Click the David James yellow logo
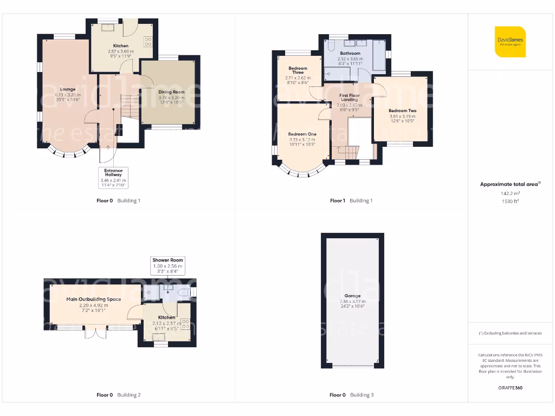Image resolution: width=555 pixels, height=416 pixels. (510, 41)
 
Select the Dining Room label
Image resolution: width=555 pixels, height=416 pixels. (171, 92)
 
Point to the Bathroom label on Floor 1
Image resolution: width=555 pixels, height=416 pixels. (350, 54)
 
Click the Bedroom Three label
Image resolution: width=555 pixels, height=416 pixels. (298, 70)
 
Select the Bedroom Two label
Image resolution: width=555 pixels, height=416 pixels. (402, 111)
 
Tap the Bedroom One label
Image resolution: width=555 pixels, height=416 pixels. (302, 134)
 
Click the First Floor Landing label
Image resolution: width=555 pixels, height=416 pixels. (350, 97)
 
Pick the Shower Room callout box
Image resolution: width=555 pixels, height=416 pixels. (168, 264)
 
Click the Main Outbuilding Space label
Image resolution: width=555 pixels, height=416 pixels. (94, 299)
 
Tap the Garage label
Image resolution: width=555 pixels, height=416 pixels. (352, 296)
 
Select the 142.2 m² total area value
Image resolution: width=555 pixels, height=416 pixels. (510, 193)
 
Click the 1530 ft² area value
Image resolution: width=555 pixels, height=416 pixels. (510, 201)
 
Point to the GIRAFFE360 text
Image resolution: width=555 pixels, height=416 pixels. (510, 388)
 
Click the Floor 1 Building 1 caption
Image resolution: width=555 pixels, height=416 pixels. (351, 201)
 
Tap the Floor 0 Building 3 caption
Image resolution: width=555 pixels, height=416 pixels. (351, 395)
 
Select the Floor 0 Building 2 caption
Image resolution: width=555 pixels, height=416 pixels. (118, 395)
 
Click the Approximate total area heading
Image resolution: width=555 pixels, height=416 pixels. (509, 184)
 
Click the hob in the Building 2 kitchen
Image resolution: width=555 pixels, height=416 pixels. (185, 324)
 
